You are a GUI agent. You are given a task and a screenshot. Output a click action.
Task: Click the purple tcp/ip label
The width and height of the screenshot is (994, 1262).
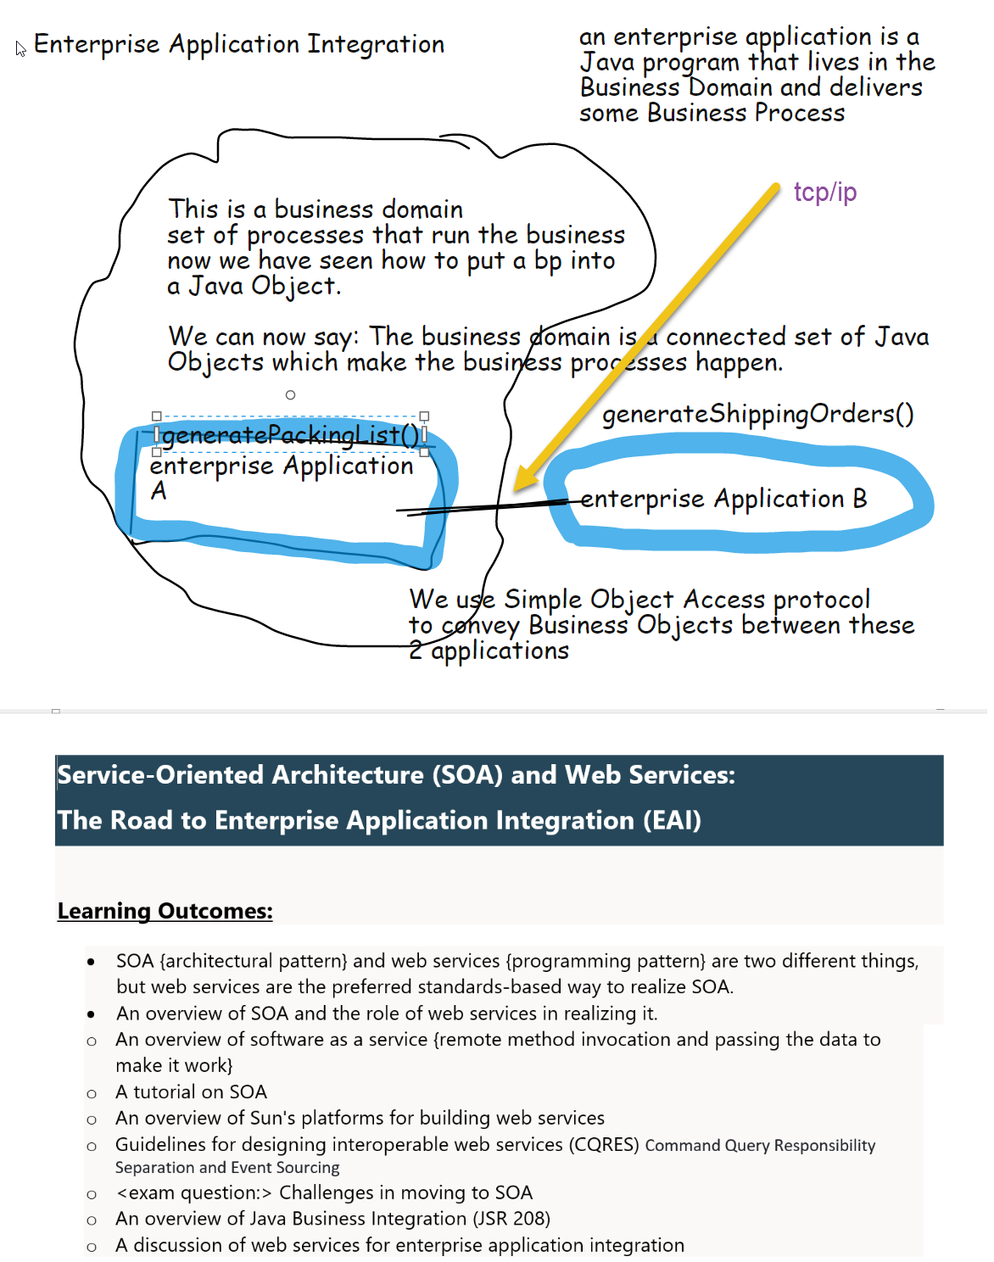824,193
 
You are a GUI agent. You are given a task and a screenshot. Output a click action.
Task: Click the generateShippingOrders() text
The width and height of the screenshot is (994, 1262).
757,414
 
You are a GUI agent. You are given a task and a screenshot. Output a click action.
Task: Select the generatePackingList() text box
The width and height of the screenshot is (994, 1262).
290,435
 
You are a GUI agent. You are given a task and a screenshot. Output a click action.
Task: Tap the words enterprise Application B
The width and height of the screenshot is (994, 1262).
723,499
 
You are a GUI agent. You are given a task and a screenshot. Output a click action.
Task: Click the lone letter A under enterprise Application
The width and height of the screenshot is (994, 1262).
159,491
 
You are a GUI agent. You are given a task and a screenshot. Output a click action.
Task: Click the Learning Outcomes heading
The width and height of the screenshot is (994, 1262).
165,911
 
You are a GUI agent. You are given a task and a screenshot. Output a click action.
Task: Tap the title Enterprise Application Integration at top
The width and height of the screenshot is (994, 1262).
238,44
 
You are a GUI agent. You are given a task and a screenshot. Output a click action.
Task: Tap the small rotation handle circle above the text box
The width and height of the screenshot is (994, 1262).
290,395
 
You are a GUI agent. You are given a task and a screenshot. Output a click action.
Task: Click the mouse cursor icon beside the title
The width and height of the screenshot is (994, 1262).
20,48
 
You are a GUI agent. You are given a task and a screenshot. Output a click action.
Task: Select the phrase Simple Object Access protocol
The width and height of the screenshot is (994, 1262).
687,600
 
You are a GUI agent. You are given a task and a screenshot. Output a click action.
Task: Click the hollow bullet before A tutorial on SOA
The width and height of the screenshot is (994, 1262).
92,1093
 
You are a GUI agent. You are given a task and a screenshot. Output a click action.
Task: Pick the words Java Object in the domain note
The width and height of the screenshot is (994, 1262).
262,287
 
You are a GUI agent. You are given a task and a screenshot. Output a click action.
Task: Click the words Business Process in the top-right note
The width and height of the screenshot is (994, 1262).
745,113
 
